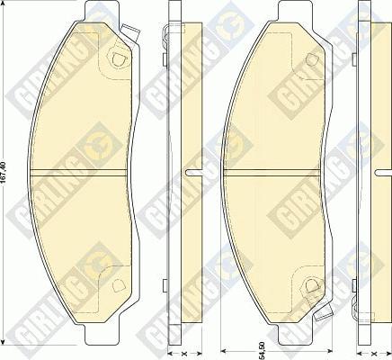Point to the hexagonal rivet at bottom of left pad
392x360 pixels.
(116, 286)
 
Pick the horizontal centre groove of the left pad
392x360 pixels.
(85, 173)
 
